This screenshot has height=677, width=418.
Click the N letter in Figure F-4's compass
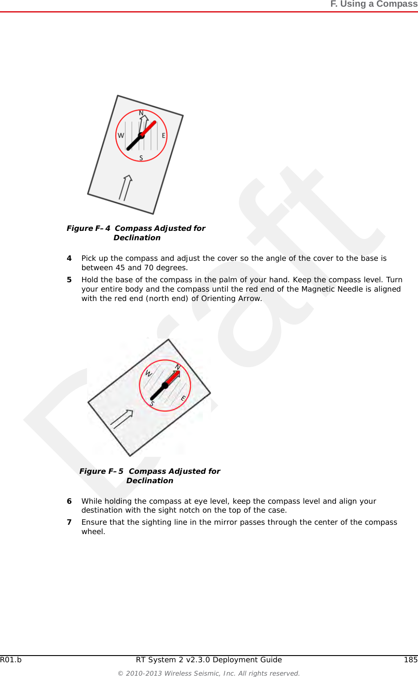141,113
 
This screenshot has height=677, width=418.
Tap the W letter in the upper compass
121,135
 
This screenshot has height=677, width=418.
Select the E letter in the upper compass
163,135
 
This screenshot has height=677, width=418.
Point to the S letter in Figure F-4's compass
141,158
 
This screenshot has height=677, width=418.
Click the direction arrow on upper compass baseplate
125,188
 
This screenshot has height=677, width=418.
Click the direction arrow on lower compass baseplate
122,419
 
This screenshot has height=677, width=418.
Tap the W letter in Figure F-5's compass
149,374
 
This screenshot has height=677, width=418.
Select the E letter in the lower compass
183,397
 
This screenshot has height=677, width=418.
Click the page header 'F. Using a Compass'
373,4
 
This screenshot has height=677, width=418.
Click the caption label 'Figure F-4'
88,228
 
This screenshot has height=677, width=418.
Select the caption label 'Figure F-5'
101,471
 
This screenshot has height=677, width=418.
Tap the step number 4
69,258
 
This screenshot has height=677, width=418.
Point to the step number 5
69,280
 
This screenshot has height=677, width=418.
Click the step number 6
69,501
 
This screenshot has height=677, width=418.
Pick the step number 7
69,522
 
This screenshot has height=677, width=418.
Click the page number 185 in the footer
410,660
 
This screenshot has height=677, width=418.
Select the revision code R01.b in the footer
11,660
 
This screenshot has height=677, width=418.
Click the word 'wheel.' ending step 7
93,531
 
